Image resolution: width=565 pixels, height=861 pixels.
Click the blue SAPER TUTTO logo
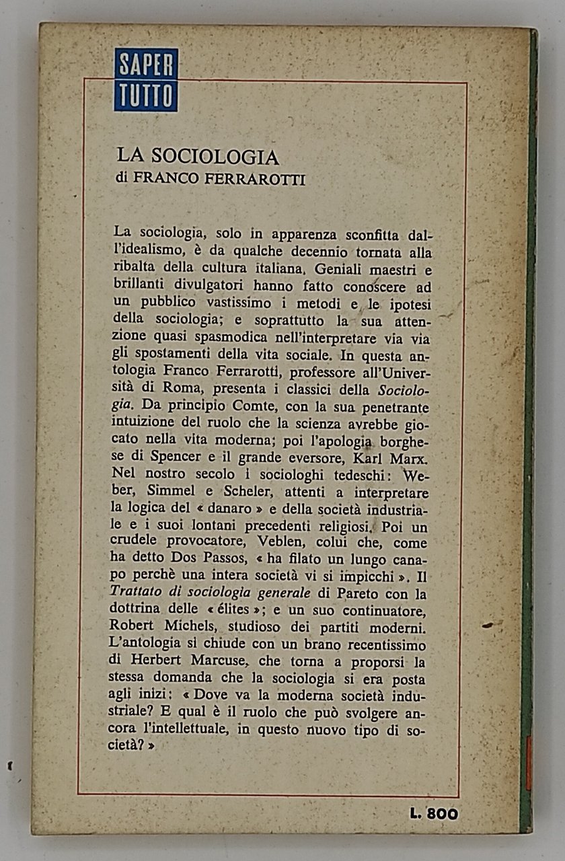(146, 79)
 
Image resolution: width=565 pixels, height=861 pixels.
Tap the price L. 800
(434, 813)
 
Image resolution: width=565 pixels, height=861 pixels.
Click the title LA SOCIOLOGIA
(198, 157)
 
